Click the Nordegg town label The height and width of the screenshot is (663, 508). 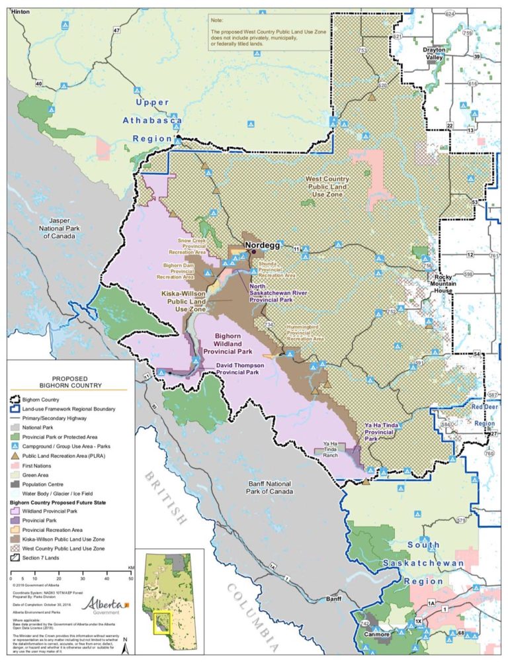tap(263, 245)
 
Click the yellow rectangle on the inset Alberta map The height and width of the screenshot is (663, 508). tap(162, 622)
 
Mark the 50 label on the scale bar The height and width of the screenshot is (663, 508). tap(130, 578)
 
